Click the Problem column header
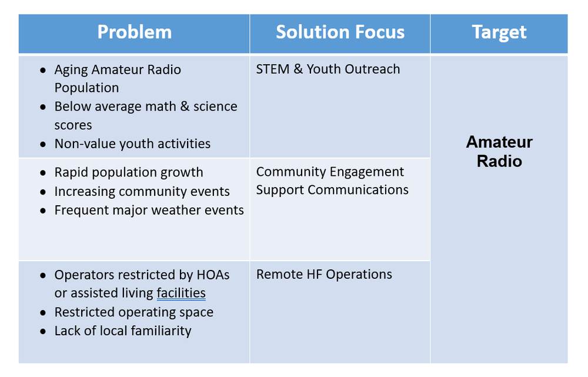pyautogui.click(x=134, y=32)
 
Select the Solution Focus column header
pyautogui.click(x=340, y=32)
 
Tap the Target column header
pyautogui.click(x=499, y=32)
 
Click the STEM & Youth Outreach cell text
pyautogui.click(x=328, y=69)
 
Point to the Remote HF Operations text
pyautogui.click(x=324, y=275)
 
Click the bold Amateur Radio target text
pyautogui.click(x=499, y=151)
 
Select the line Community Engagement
pyautogui.click(x=330, y=172)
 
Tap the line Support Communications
pyautogui.click(x=332, y=190)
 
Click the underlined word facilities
pyautogui.click(x=181, y=293)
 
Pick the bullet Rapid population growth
pyautogui.click(x=128, y=172)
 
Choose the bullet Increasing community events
pyautogui.click(x=142, y=191)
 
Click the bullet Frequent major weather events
pyautogui.click(x=149, y=210)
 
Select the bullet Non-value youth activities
pyautogui.click(x=132, y=144)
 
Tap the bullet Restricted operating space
pyautogui.click(x=133, y=312)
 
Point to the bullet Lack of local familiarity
pyautogui.click(x=122, y=331)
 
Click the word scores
pyautogui.click(x=73, y=125)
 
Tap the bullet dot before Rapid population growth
pyautogui.click(x=44, y=173)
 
